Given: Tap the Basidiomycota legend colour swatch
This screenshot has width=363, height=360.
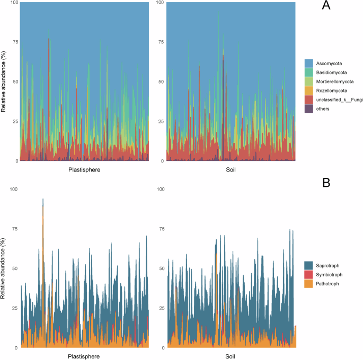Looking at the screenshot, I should point(309,72).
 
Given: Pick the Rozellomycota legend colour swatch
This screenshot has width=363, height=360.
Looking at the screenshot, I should point(309,91).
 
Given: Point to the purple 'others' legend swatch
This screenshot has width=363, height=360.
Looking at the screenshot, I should point(309,109).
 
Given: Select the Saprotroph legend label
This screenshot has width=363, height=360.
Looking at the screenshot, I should point(329,265).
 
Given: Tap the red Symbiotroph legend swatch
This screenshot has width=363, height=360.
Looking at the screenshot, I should point(309,275).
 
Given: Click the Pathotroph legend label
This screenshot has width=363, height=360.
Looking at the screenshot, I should point(329,284).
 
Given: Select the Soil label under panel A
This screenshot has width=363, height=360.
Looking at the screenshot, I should point(230,170).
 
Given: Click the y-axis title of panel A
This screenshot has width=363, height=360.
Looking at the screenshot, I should point(4,82).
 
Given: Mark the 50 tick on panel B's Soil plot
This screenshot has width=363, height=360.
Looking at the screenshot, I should point(162,268).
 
